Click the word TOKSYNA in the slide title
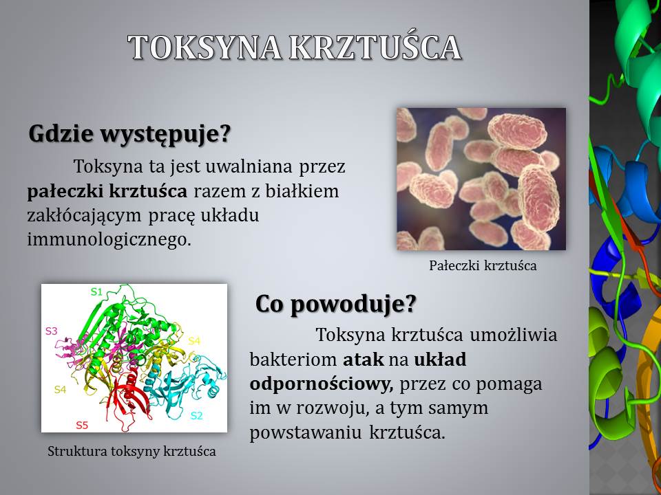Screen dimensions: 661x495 coord(204,47)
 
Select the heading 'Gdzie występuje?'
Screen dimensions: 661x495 coord(130,134)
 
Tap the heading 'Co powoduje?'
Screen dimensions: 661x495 coord(335,303)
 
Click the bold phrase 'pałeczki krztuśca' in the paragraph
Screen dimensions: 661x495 coord(107,191)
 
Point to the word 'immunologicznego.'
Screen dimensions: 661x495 coord(109,239)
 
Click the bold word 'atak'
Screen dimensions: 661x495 coord(364,360)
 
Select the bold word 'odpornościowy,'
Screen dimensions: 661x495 coord(322,384)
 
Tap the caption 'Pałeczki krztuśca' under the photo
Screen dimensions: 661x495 coord(483,265)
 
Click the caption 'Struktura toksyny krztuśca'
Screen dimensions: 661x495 coord(132,451)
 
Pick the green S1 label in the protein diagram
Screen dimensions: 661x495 coord(96,291)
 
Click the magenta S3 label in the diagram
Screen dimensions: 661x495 coord(51,331)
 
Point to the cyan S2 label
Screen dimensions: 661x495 coord(196,415)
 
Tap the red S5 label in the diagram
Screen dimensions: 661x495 coord(82,425)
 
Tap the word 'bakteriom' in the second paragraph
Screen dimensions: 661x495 coord(293,360)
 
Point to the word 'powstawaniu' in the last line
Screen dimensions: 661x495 coord(306,432)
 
